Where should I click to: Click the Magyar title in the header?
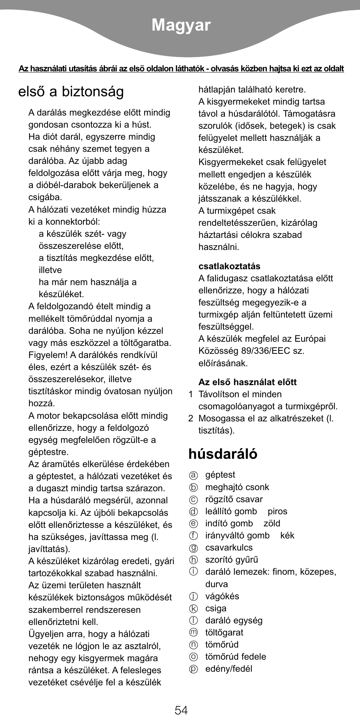181,25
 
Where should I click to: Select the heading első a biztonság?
71,92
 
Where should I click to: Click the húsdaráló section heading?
223,453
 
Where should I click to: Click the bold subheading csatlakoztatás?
229,266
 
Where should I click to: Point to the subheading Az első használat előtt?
247,382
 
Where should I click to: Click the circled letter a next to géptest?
193,475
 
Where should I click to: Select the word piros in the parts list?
277,511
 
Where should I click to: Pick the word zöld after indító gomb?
272,523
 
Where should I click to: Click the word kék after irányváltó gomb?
287,535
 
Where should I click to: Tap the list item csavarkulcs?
229,548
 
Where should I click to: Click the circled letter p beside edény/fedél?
193,669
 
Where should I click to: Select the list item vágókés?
222,596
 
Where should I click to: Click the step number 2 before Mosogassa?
191,418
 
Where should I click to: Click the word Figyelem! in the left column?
47,355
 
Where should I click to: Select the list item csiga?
216,608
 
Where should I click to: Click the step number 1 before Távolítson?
191,394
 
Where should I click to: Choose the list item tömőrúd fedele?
235,657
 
